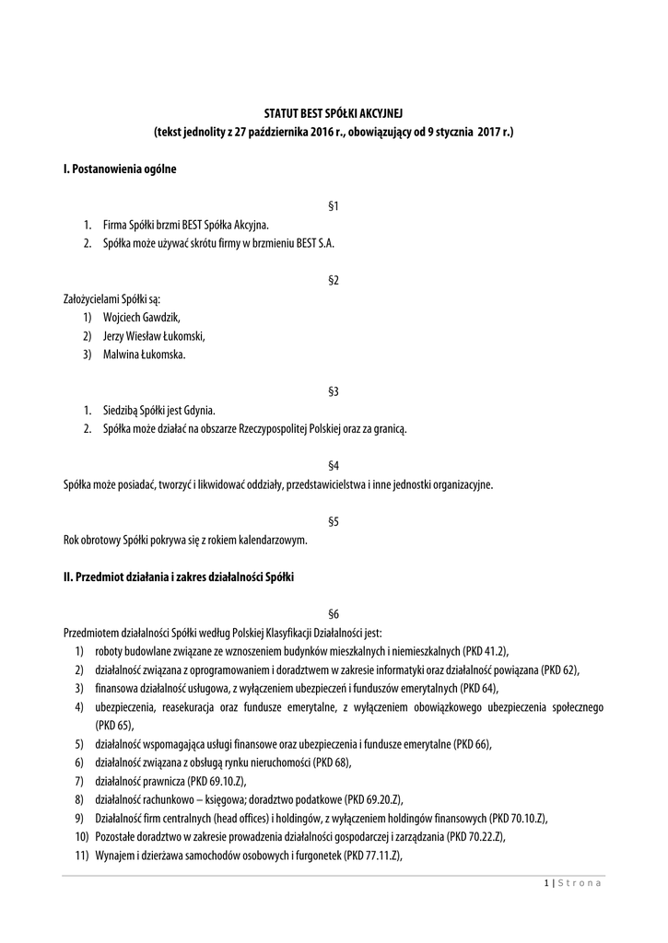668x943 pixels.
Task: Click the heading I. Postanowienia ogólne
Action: point(119,169)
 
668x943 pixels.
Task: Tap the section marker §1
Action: point(334,206)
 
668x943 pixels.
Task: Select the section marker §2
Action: point(334,279)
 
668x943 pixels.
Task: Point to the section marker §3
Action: point(334,391)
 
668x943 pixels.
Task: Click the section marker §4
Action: point(334,465)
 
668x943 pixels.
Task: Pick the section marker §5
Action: point(334,521)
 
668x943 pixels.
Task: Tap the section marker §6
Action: point(334,613)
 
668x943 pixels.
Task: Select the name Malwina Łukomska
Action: point(144,354)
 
